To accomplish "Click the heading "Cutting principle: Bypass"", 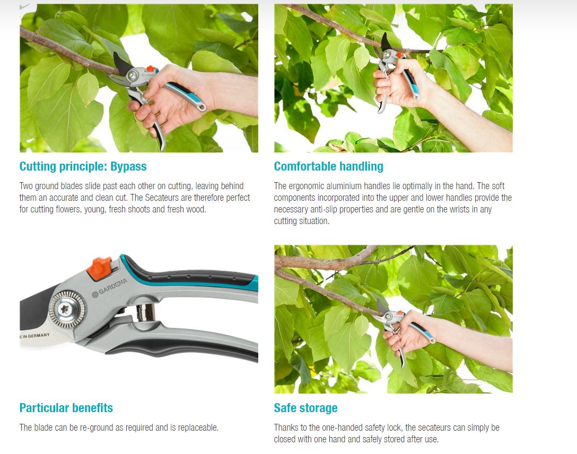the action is (x=83, y=166).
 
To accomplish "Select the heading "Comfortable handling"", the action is (x=329, y=166).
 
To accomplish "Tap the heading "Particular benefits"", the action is (x=66, y=408).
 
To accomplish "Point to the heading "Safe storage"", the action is (x=306, y=408).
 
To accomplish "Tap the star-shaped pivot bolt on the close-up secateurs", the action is (x=66, y=309).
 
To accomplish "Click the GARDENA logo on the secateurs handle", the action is (x=109, y=288).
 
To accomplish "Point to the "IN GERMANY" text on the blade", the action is (x=36, y=336).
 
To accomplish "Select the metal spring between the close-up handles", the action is (x=145, y=313).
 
